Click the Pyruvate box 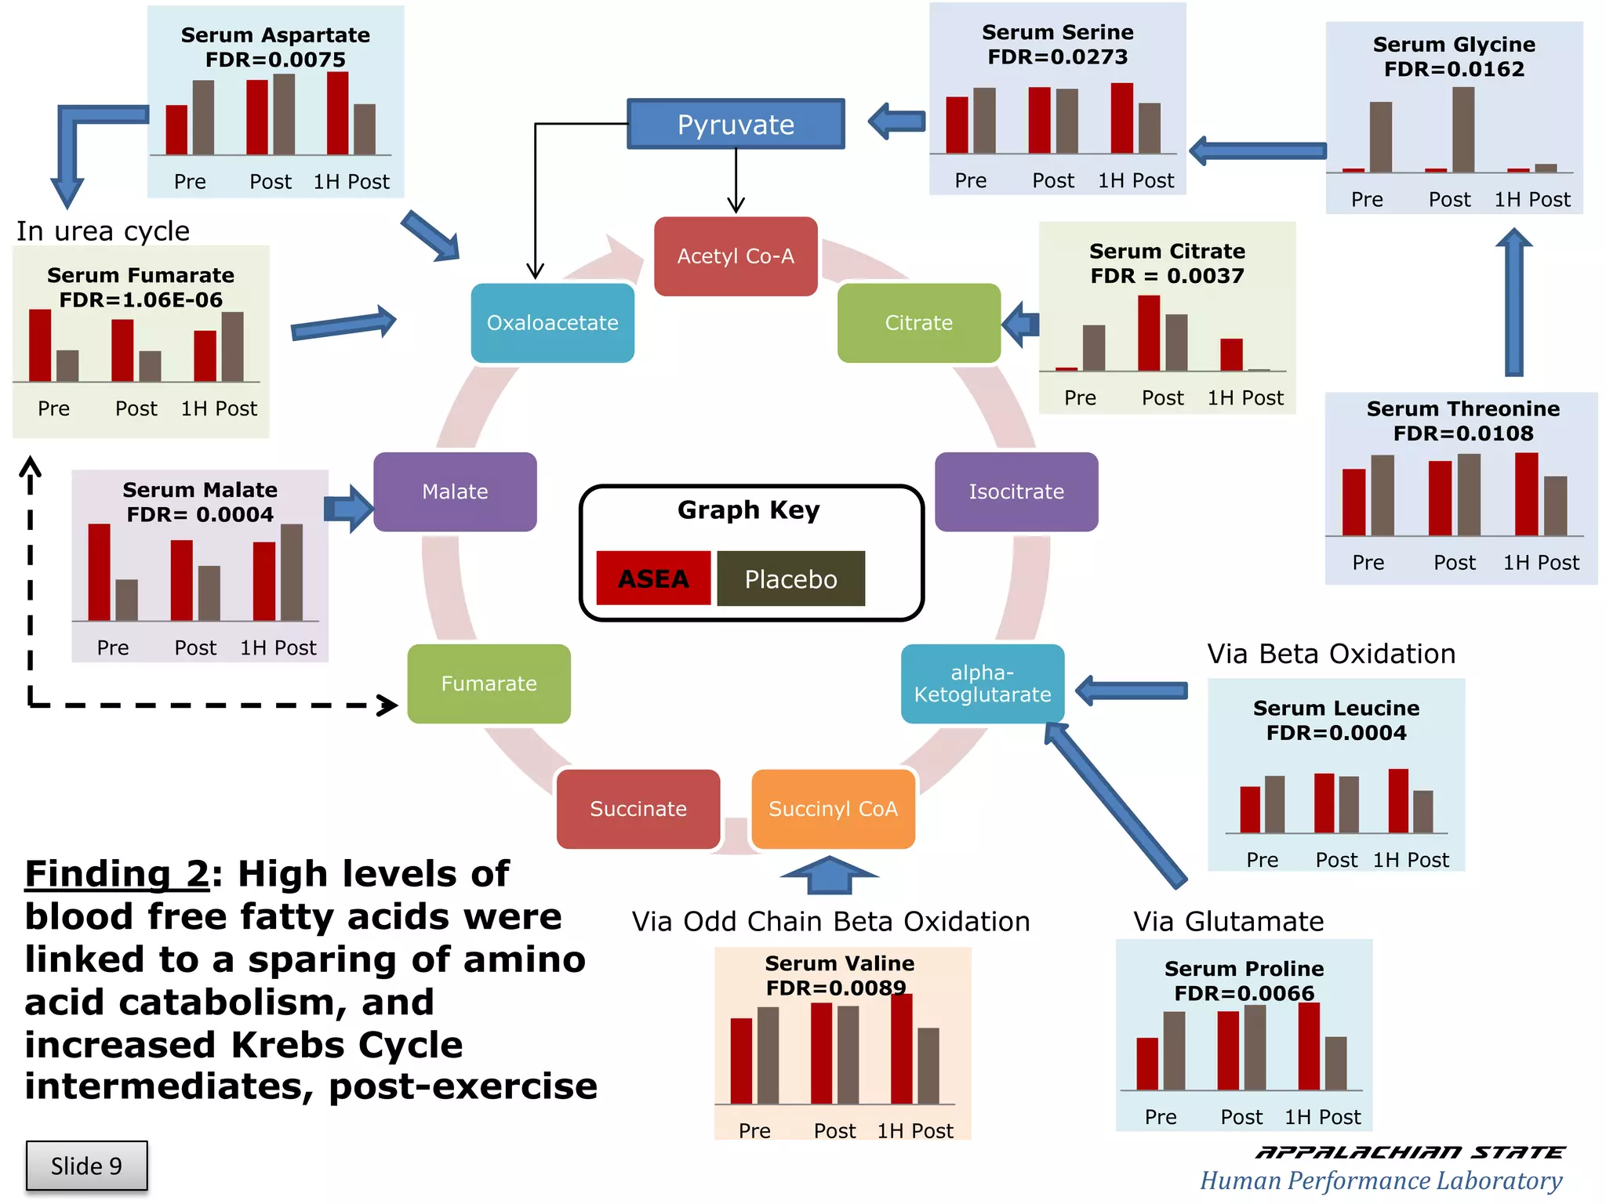[736, 124]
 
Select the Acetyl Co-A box [736, 256]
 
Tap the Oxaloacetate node [552, 323]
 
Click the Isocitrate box [1016, 491]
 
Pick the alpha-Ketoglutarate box [982, 684]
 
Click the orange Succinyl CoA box [833, 809]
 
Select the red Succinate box [638, 809]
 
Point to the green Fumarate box [489, 684]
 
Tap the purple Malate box [455, 491]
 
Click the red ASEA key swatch [653, 578]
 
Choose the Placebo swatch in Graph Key [790, 578]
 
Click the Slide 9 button [86, 1166]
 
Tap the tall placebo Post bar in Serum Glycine [1462, 130]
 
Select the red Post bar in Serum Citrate [1149, 333]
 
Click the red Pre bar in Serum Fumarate [40, 346]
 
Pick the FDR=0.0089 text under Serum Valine [836, 988]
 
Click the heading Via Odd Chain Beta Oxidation [830, 922]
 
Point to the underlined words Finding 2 [118, 874]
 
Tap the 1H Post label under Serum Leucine [1411, 860]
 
